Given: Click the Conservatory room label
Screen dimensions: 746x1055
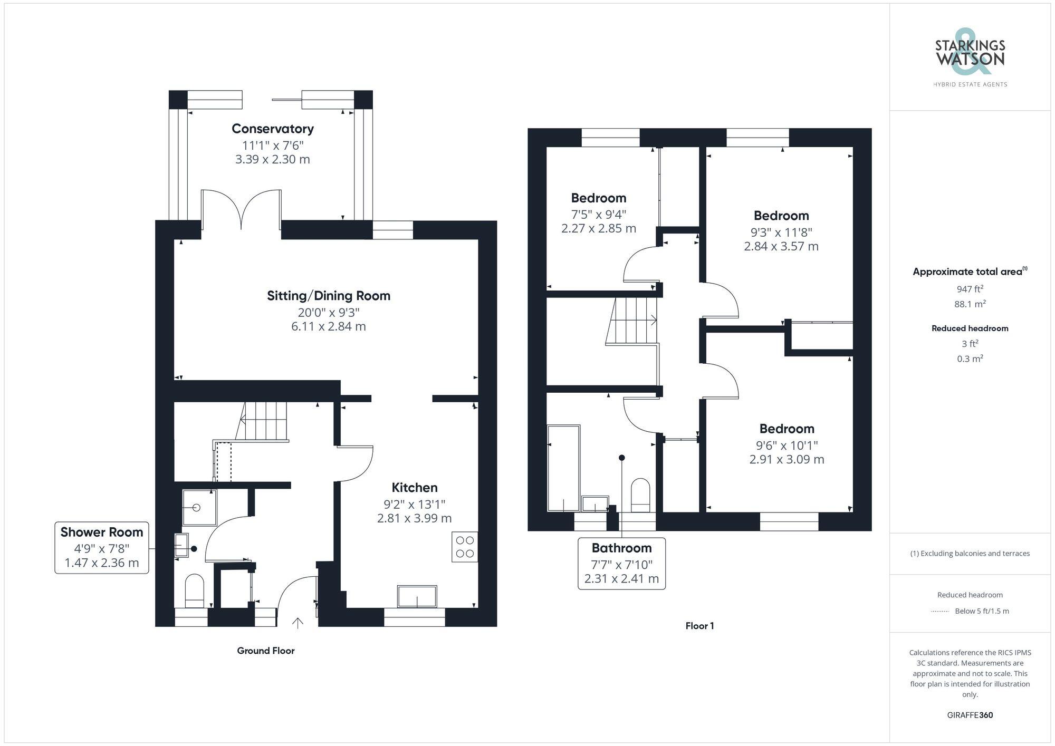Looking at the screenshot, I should pyautogui.click(x=273, y=129).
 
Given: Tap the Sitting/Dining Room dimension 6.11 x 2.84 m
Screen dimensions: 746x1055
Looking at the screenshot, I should pyautogui.click(x=328, y=326).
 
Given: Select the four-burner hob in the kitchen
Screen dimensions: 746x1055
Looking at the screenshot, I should pyautogui.click(x=465, y=547).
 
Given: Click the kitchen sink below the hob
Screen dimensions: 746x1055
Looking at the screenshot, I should pyautogui.click(x=417, y=596).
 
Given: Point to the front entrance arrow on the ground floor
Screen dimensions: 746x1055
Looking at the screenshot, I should pyautogui.click(x=298, y=623).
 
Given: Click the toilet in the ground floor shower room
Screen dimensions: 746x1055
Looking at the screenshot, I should pyautogui.click(x=195, y=590).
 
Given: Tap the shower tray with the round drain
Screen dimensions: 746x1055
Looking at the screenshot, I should pyautogui.click(x=199, y=508).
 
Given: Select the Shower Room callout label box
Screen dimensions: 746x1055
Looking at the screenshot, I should pyautogui.click(x=102, y=547).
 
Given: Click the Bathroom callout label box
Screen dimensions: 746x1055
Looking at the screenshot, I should pyautogui.click(x=621, y=563).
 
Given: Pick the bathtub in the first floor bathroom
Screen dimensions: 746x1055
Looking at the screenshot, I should pyautogui.click(x=563, y=468).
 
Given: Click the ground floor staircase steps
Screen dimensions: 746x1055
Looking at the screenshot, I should pyautogui.click(x=265, y=421).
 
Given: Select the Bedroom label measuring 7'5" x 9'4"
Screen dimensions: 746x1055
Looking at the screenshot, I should pyautogui.click(x=599, y=198).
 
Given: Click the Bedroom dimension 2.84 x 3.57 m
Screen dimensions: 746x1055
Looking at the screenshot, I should pyautogui.click(x=781, y=246).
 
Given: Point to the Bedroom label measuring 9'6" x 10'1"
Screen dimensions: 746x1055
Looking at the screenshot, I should pyautogui.click(x=787, y=429).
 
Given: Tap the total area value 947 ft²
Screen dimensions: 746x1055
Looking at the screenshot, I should pyautogui.click(x=970, y=289).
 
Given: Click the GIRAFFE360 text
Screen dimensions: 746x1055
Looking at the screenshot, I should pyautogui.click(x=970, y=715).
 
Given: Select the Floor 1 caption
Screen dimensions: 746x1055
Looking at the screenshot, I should pyautogui.click(x=699, y=626).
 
